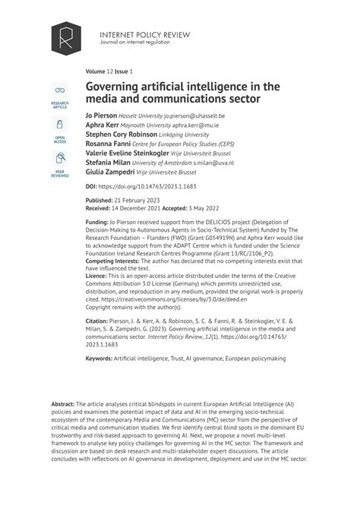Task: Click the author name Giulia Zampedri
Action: (109, 172)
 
